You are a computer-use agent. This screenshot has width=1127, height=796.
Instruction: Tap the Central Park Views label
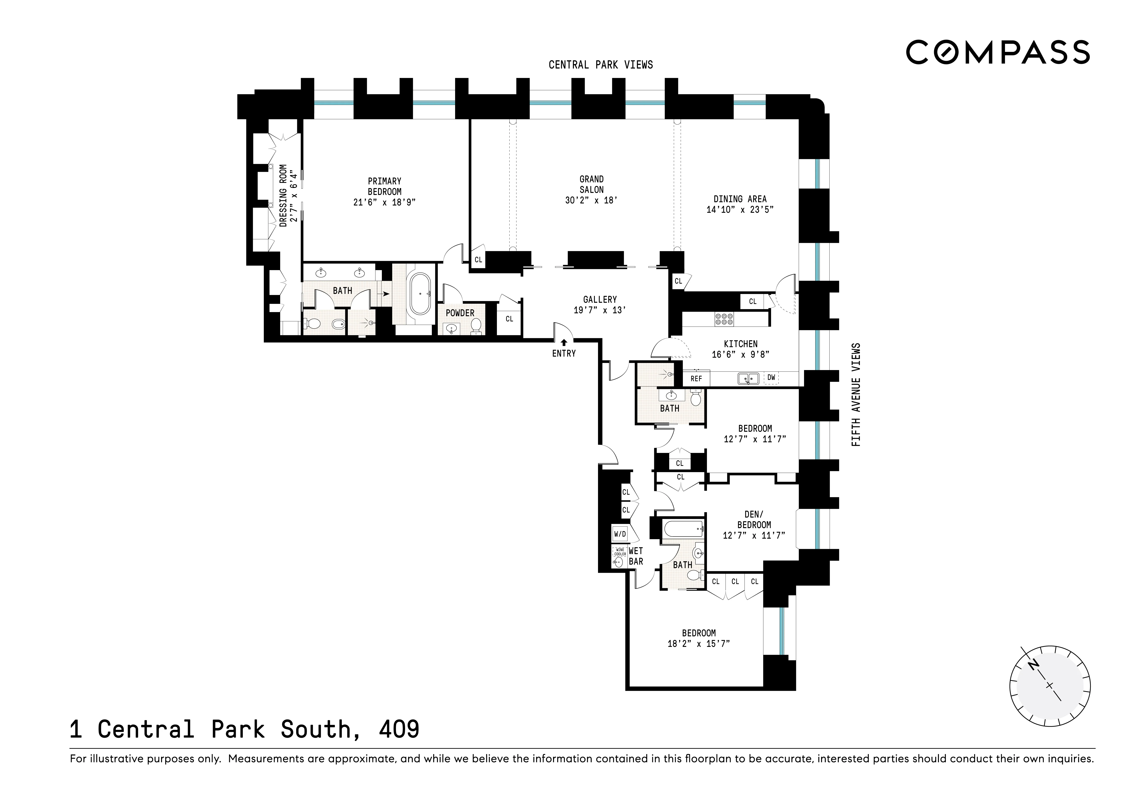[600, 65]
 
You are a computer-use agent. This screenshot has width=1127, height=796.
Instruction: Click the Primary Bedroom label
[384, 186]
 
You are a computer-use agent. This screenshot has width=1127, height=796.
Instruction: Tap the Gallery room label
[600, 299]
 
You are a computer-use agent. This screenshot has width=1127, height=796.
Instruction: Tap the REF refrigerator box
[696, 379]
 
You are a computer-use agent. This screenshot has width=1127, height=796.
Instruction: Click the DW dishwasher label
[771, 378]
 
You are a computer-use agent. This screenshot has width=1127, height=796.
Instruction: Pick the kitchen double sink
[748, 378]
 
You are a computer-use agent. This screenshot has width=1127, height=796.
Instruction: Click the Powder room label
[460, 313]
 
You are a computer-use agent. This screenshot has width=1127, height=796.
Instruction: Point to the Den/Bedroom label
[754, 519]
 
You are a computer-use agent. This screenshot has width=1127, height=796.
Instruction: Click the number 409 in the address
[399, 729]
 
